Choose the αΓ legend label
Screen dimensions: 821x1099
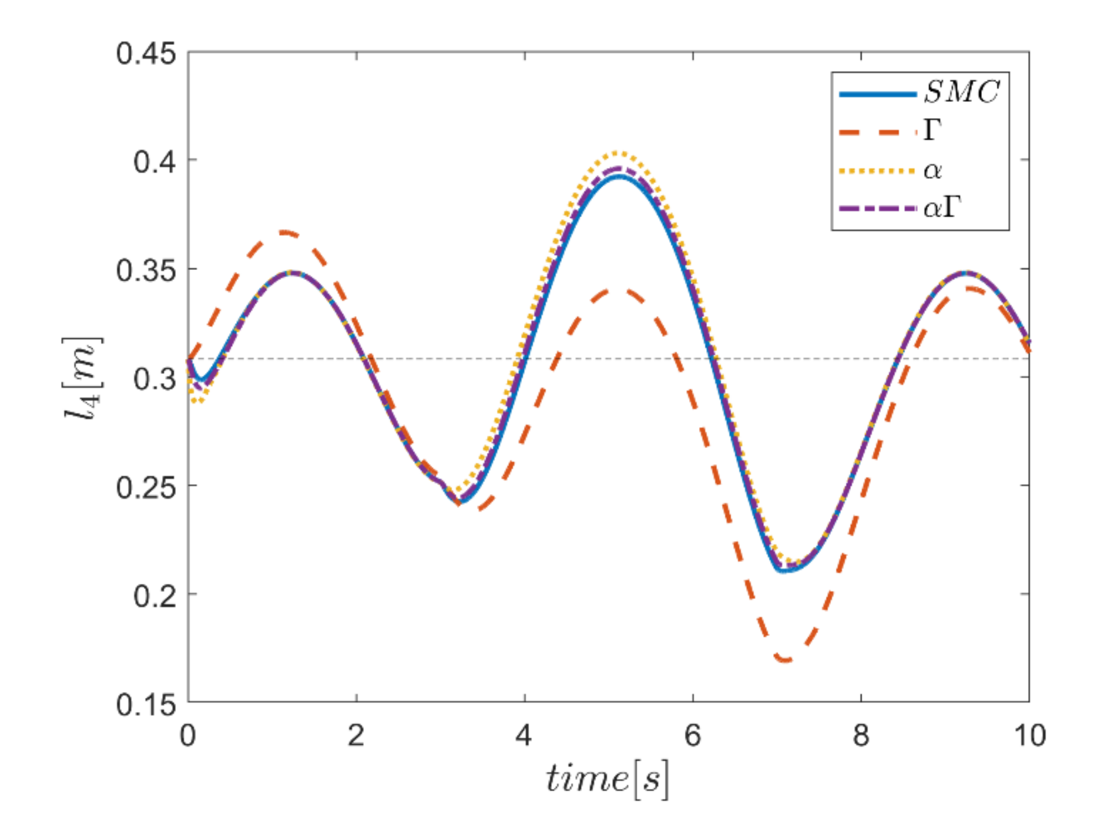point(942,208)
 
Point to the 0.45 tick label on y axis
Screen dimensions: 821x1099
point(146,54)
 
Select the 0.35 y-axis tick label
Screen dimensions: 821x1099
point(146,271)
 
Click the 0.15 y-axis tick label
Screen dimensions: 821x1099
point(146,705)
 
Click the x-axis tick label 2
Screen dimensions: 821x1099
point(356,735)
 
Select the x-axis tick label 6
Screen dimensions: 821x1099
point(692,735)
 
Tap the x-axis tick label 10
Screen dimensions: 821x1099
point(1029,735)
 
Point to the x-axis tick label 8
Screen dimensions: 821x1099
point(860,735)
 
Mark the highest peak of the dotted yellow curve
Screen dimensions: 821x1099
point(618,153)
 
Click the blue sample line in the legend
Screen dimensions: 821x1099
point(878,94)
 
